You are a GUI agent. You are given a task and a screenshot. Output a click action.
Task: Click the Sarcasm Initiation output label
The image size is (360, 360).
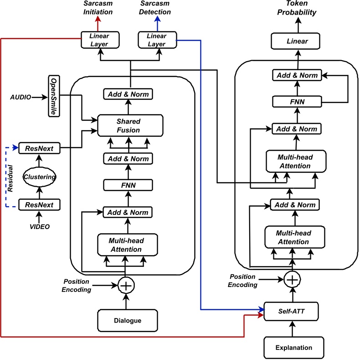coord(98,8)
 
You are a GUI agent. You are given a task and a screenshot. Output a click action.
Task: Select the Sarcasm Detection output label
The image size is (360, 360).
coord(156,8)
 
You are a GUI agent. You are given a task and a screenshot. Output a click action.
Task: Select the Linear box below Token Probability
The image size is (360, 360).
coord(297,42)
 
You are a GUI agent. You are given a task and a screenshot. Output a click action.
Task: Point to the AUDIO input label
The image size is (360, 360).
coord(21,97)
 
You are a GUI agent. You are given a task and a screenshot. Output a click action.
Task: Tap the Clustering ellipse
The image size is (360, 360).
coord(39,177)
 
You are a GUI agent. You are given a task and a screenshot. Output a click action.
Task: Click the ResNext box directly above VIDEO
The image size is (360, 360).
coord(39,205)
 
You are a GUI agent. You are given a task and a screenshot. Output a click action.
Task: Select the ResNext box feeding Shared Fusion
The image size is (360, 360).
coord(39,148)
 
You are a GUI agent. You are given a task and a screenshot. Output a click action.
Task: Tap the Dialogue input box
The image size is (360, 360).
coord(128,320)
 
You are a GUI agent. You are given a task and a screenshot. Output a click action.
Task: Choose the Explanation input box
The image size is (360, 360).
coord(294,347)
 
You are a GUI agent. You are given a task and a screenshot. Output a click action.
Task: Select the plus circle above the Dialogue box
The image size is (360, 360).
coord(125,286)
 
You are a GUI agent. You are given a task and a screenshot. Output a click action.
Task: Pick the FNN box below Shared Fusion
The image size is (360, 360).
coord(128,185)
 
